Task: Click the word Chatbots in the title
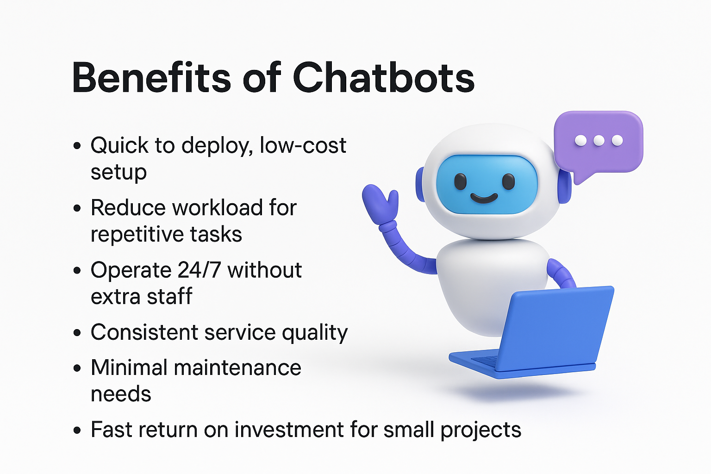coord(383,78)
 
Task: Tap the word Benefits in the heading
coord(151,78)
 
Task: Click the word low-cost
coord(303,145)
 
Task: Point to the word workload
coord(218,208)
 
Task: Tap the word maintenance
coord(237,368)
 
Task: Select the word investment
coord(289,430)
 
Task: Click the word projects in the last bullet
coord(481,431)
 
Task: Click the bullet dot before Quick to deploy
coord(77,146)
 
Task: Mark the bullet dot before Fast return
coord(77,430)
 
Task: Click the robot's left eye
coord(460,181)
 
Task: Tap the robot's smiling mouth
coord(484,199)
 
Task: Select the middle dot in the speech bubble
coord(599,140)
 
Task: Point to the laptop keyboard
coord(485,360)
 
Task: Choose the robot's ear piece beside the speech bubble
coord(565,186)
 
